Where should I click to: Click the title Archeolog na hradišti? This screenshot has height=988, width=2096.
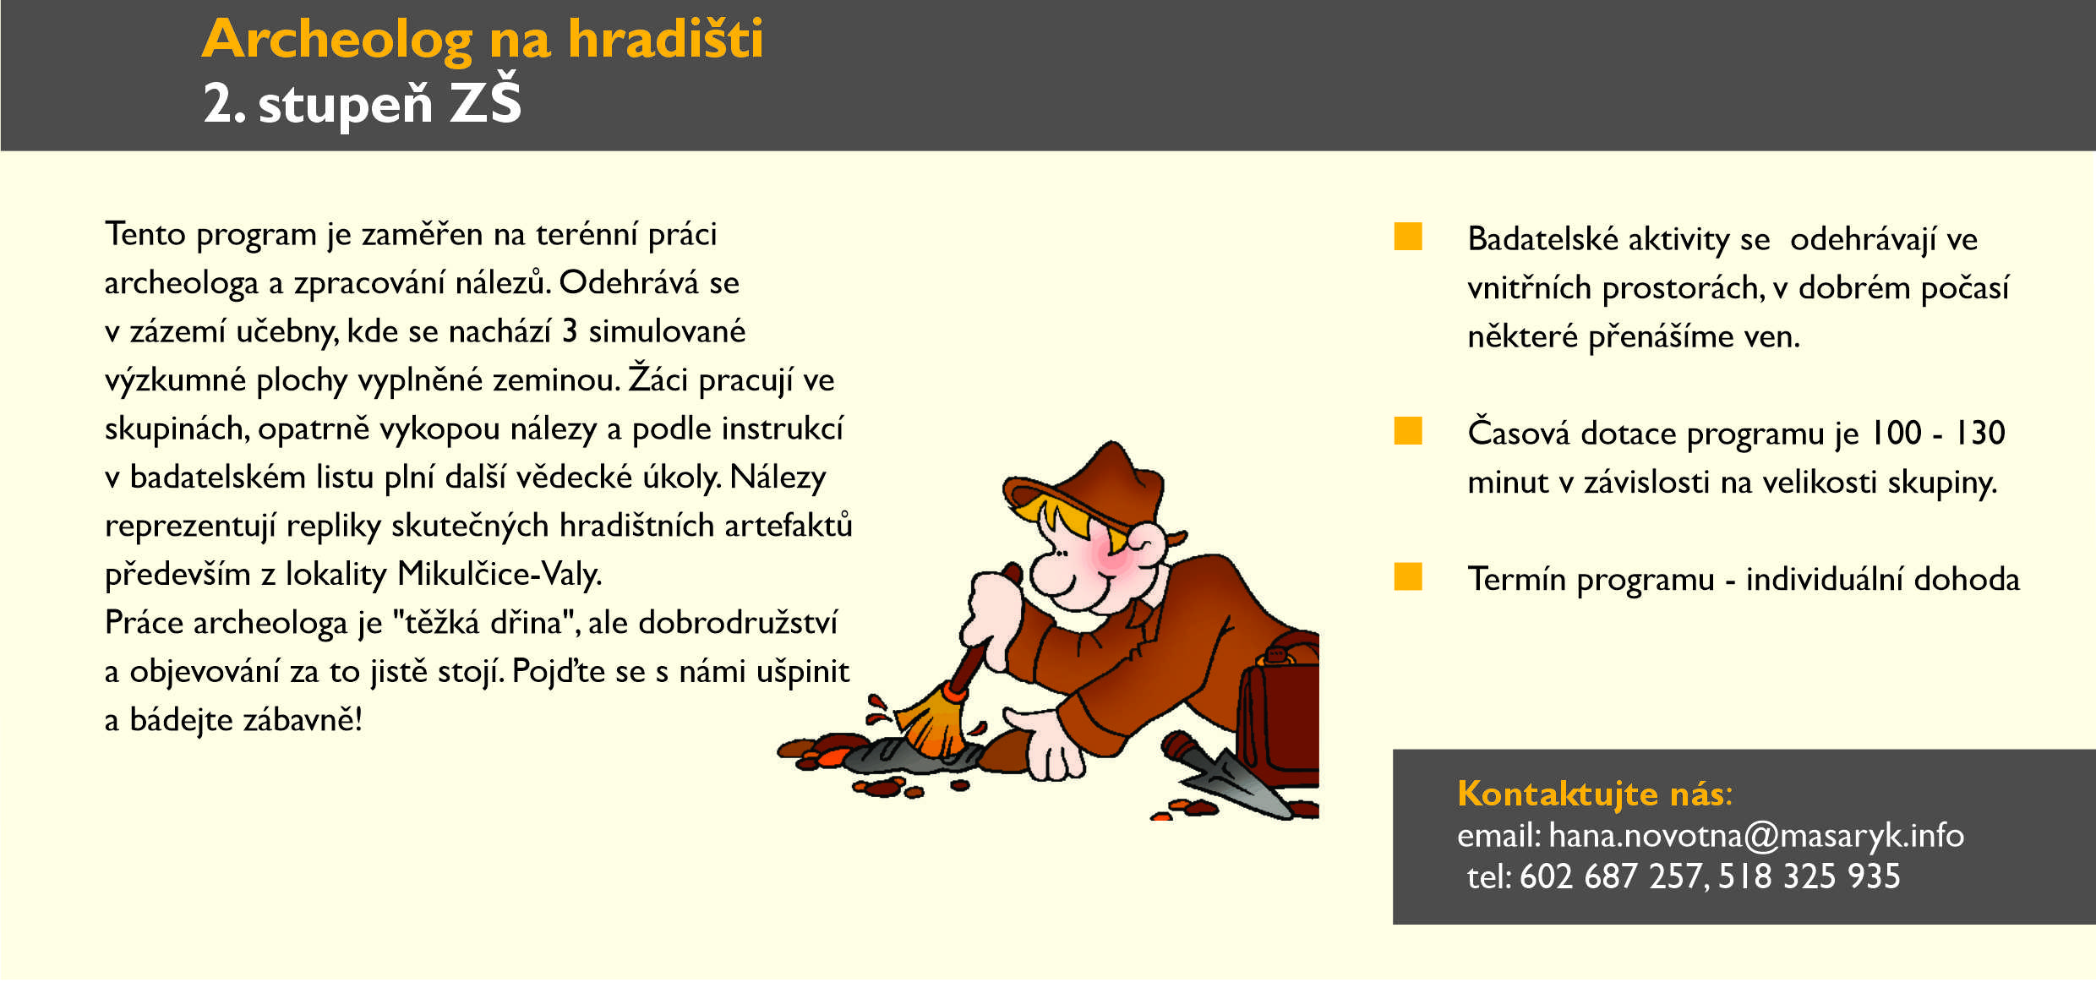point(483,39)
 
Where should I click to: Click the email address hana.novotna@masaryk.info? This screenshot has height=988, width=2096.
point(1756,836)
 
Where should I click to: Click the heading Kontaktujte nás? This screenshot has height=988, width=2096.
point(1594,794)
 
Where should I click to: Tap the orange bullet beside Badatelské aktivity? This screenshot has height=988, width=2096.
point(1408,237)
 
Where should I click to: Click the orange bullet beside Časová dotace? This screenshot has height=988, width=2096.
point(1408,430)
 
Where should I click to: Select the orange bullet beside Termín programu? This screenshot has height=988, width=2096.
point(1408,576)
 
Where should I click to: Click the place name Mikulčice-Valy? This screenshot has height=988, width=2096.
point(499,575)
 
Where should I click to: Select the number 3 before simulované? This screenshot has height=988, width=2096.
point(570,331)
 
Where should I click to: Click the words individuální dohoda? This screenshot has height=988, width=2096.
point(1883,579)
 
